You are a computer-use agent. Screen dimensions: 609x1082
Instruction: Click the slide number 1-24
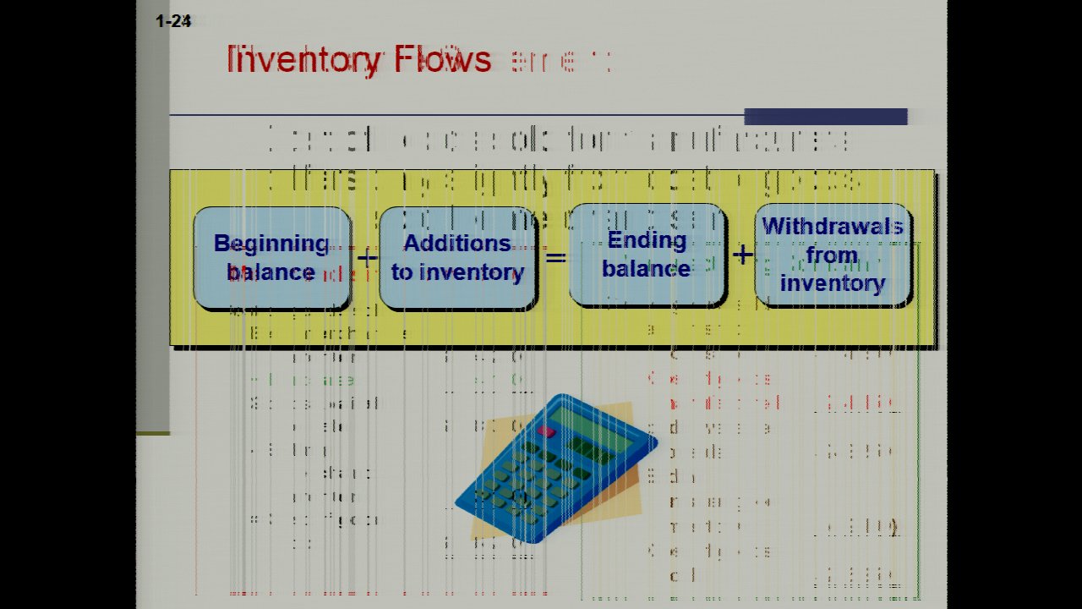click(x=173, y=22)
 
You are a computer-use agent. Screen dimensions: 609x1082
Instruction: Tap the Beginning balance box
click(x=271, y=258)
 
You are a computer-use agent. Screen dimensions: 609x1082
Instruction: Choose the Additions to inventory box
click(x=457, y=258)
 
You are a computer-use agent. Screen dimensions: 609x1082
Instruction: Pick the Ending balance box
click(x=647, y=255)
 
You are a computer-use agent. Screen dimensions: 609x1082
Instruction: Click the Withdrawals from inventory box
click(x=833, y=255)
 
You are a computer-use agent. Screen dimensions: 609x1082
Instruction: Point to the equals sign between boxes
click(x=555, y=255)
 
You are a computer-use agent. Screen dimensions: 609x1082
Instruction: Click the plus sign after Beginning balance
click(x=366, y=257)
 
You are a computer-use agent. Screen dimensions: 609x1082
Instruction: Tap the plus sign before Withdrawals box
click(x=741, y=254)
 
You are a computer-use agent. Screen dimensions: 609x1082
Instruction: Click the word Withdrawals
click(x=833, y=227)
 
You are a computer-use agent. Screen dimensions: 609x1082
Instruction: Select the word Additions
click(x=457, y=244)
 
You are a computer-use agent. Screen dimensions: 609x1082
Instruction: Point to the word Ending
click(x=647, y=240)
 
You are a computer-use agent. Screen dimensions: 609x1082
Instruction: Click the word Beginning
click(x=271, y=244)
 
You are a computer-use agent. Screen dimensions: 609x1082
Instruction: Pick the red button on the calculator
click(x=546, y=431)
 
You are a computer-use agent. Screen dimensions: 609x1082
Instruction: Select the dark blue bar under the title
click(x=825, y=117)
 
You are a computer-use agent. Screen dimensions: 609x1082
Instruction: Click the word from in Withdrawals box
click(x=832, y=255)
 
